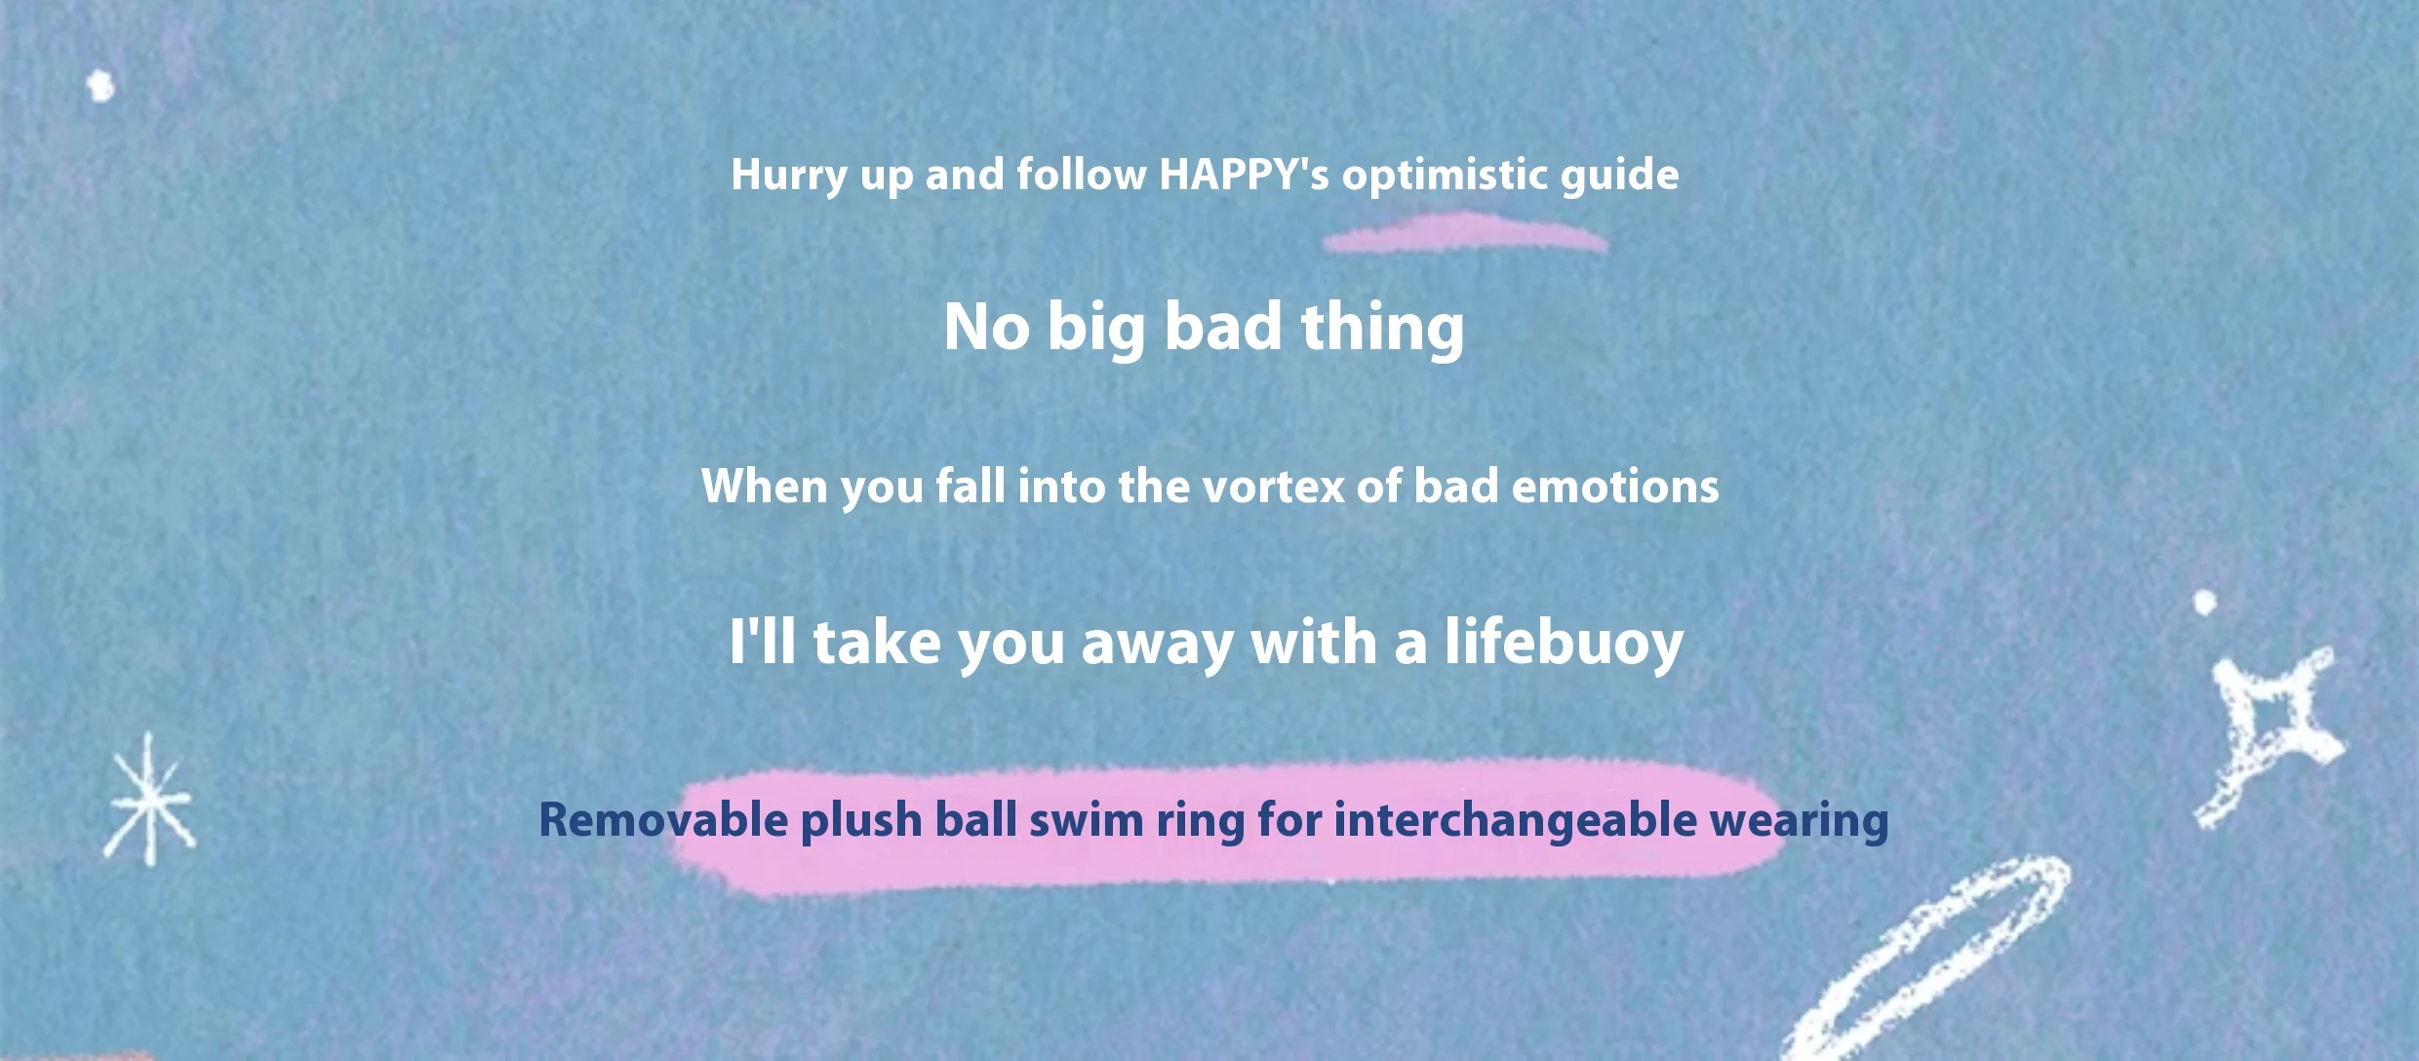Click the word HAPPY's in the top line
pyautogui.click(x=1244, y=175)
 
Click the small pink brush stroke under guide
pyautogui.click(x=1465, y=233)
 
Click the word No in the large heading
pyautogui.click(x=986, y=327)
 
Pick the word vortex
pyautogui.click(x=1274, y=487)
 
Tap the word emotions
pyautogui.click(x=1614, y=486)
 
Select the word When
pyautogui.click(x=764, y=486)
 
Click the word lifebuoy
pyautogui.click(x=1564, y=644)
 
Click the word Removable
pyautogui.click(x=663, y=819)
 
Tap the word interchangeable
pyautogui.click(x=1516, y=819)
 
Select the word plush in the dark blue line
pyautogui.click(x=861, y=821)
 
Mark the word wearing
pyautogui.click(x=1799, y=821)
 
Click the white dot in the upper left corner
pyautogui.click(x=100, y=86)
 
